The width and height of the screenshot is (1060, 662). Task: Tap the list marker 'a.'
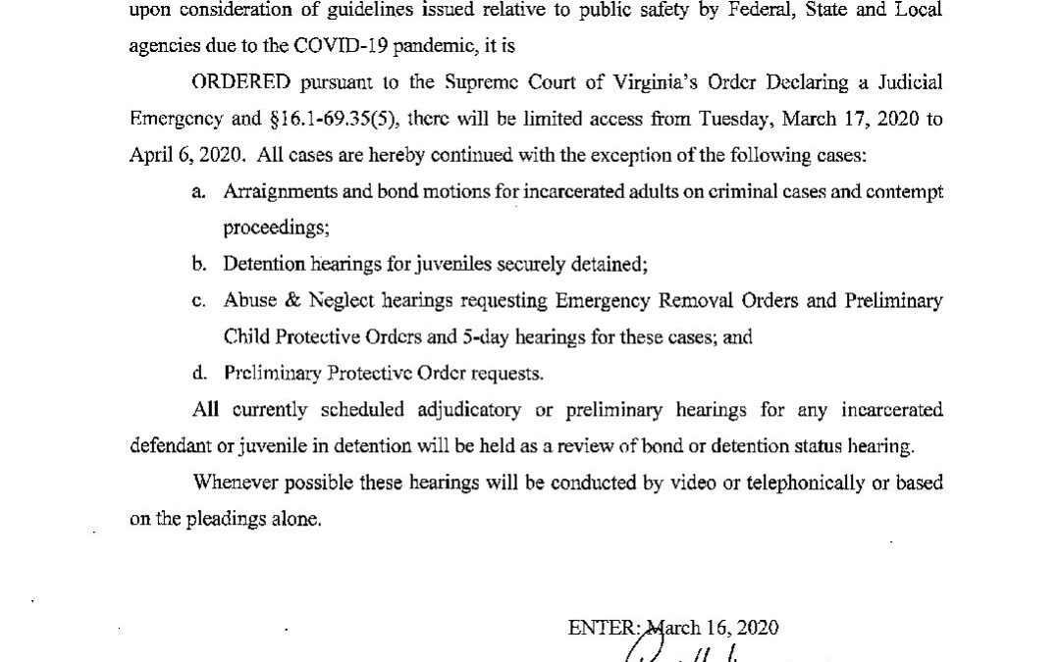pyautogui.click(x=198, y=192)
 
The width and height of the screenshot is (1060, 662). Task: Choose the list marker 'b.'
pyautogui.click(x=198, y=264)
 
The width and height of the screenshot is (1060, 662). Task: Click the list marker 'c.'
pyautogui.click(x=198, y=301)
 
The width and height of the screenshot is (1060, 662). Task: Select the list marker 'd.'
pyautogui.click(x=198, y=373)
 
